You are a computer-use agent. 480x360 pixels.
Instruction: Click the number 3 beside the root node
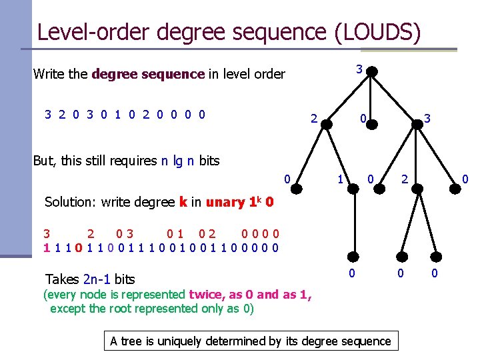(359, 69)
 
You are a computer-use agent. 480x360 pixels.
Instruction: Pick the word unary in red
(226, 203)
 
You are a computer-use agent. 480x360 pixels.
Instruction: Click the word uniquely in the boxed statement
(165, 341)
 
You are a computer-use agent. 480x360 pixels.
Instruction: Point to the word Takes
(62, 279)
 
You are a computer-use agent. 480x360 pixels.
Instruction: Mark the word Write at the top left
(49, 74)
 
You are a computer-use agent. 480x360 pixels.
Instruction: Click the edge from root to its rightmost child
(395, 96)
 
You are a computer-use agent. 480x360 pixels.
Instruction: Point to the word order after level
(268, 74)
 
